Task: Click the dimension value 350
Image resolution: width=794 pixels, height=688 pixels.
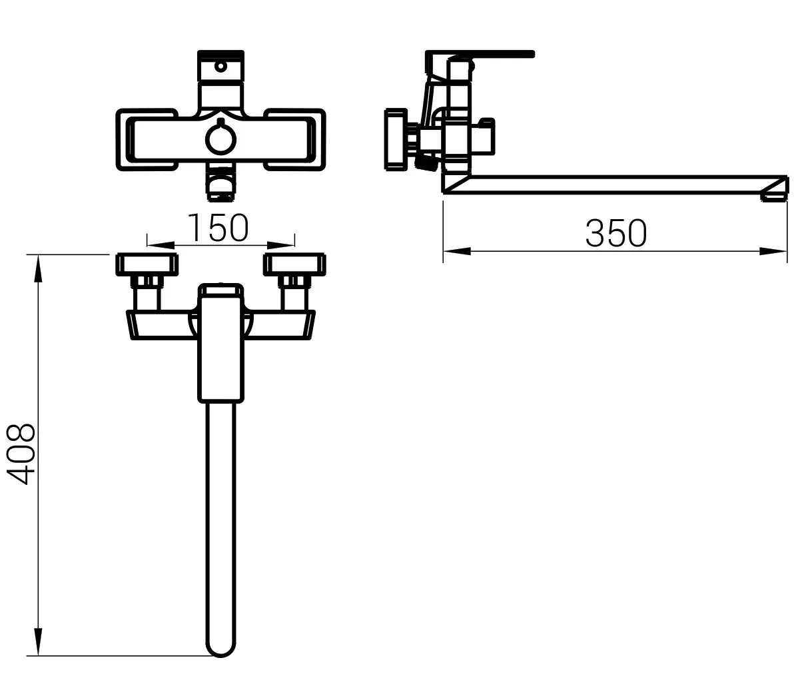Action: click(615, 233)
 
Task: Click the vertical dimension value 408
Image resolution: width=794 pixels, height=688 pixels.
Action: click(21, 454)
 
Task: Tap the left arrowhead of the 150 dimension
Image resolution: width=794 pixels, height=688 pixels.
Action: click(161, 246)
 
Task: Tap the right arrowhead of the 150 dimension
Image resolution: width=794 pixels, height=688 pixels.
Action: click(281, 246)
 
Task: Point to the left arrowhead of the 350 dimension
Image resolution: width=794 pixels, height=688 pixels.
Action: click(457, 250)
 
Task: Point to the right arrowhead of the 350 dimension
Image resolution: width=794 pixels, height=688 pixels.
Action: click(773, 250)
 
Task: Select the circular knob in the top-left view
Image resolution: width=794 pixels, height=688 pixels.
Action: click(220, 139)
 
